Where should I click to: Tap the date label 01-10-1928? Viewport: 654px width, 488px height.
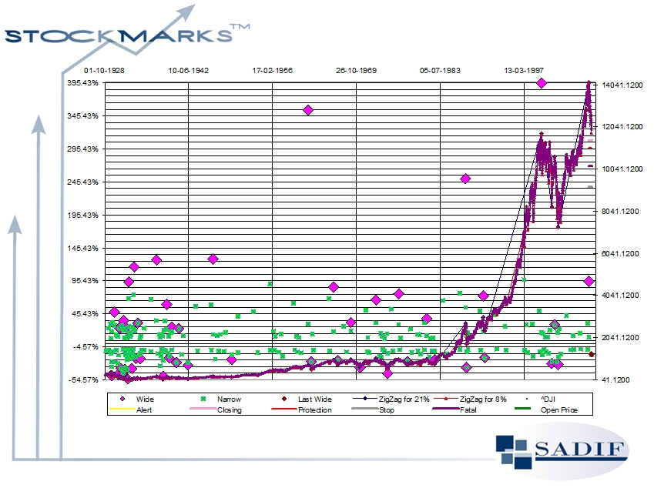tap(105, 70)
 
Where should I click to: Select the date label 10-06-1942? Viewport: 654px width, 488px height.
tap(189, 70)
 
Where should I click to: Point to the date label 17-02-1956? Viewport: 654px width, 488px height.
tap(273, 70)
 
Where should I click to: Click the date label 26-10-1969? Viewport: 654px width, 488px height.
tap(356, 70)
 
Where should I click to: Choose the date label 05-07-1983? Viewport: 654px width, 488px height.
tap(440, 70)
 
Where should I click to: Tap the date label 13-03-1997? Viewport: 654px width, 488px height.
tap(524, 70)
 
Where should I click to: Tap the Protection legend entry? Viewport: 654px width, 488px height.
tap(314, 410)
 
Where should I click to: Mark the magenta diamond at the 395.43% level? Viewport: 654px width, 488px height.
tap(542, 83)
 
